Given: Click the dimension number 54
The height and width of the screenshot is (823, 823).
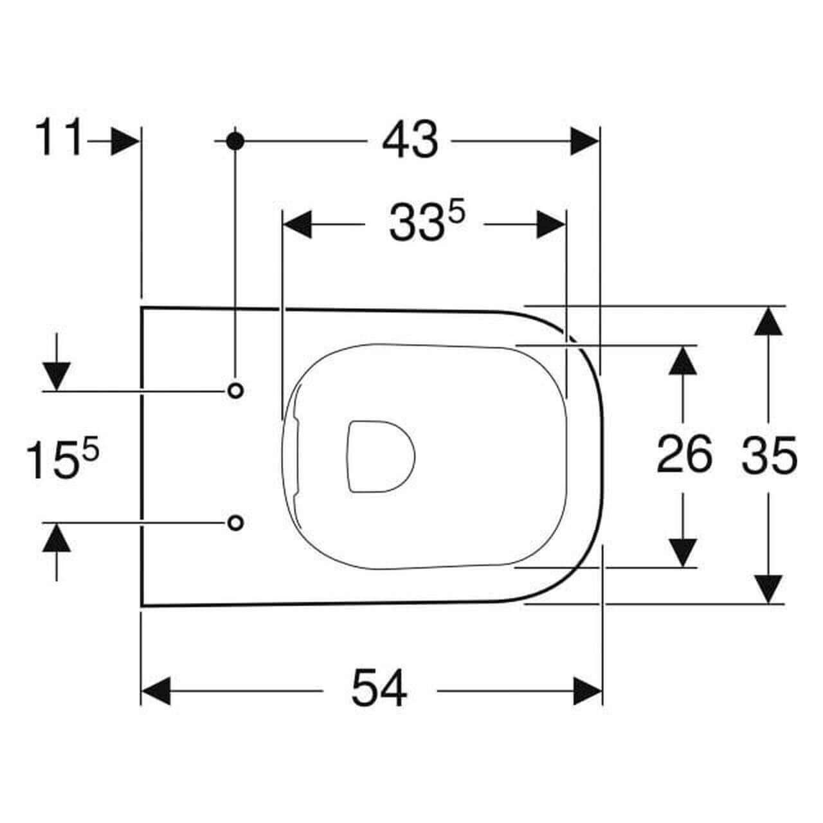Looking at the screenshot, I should click(379, 689).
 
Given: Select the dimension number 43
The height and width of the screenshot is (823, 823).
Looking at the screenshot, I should click(410, 141).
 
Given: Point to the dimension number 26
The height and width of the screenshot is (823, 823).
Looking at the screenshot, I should click(684, 455).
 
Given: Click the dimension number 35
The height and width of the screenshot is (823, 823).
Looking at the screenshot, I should click(770, 455).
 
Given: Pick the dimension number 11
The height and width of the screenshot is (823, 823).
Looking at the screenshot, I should click(59, 138).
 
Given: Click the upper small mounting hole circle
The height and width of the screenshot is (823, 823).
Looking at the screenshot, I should click(236, 390).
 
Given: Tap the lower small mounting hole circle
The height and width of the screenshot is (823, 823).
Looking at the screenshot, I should click(236, 522).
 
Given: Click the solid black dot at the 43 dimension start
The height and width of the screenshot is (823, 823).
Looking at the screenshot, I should click(235, 141).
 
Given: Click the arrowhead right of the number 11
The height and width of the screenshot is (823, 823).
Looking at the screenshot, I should click(124, 141).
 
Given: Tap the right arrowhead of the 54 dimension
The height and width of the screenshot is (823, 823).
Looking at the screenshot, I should click(588, 691).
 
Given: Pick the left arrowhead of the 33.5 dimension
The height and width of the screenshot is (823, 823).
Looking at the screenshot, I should click(298, 224).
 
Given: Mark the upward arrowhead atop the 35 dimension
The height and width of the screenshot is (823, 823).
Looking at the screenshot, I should click(769, 320).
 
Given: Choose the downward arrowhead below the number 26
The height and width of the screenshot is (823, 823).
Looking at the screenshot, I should click(683, 552).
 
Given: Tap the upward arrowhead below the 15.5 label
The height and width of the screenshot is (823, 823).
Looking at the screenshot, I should click(57, 538).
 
